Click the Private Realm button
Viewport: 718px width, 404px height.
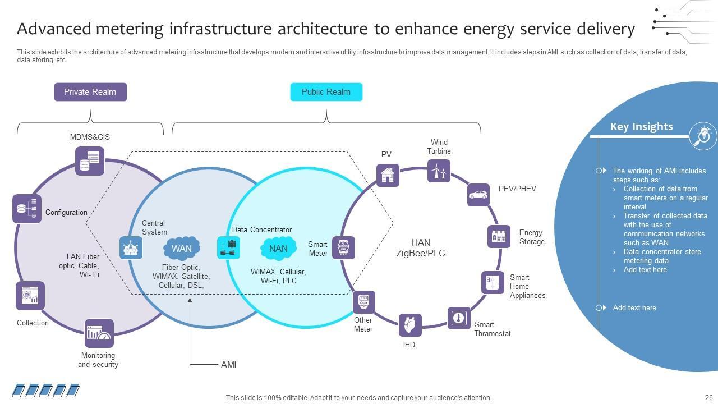tap(90, 92)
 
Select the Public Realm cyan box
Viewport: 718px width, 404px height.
tap(326, 92)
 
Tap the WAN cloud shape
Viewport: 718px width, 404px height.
tap(182, 248)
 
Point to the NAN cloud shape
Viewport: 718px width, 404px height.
tap(278, 249)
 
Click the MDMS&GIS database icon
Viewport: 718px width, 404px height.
tap(90, 161)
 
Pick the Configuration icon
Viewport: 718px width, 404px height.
tap(27, 209)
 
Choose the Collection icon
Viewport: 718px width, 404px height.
tap(30, 296)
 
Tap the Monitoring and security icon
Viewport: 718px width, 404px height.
tap(99, 333)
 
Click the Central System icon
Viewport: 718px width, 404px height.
tap(131, 247)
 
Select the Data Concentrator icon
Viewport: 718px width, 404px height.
tap(228, 247)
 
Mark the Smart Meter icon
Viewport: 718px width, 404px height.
tap(343, 247)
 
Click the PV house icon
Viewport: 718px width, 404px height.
tap(388, 175)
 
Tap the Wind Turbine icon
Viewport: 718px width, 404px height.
tap(439, 171)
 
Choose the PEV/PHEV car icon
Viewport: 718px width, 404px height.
tap(478, 195)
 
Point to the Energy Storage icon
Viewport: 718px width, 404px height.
tap(499, 236)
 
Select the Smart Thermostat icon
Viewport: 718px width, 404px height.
tap(459, 318)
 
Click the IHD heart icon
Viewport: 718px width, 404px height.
tap(410, 325)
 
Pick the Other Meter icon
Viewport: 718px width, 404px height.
tap(363, 302)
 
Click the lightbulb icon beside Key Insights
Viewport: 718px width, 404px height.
tap(703, 135)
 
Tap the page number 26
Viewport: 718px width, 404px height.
tap(708, 397)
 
